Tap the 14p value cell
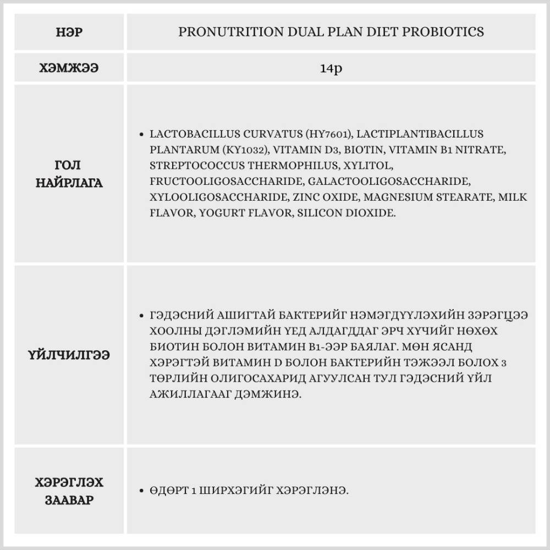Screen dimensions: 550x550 (331, 68)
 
